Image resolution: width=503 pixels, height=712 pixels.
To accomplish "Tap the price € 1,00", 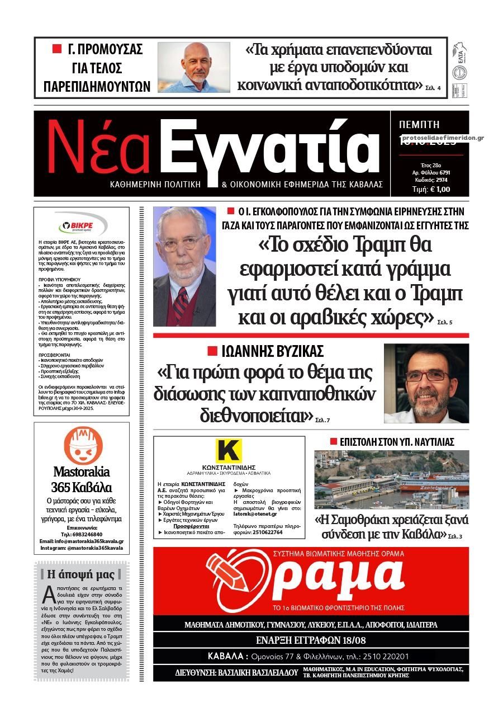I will click(431, 189).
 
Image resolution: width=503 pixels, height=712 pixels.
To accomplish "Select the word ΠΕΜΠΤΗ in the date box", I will click(419, 125).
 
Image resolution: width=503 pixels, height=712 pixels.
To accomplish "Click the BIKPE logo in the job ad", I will click(82, 225).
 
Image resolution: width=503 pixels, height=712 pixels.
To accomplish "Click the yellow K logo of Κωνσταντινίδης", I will click(229, 451).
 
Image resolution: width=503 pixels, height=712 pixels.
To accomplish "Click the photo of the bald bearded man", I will click(193, 67).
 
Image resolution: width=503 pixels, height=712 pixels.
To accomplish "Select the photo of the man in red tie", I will click(184, 266).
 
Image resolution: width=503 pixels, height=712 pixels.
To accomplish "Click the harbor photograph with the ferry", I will click(391, 479).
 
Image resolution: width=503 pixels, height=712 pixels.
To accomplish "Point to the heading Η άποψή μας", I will click(81, 574).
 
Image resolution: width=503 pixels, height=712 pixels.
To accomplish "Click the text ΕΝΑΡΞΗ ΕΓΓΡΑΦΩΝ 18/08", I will click(311, 640).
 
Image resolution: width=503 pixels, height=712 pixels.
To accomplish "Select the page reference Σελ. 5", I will click(447, 323).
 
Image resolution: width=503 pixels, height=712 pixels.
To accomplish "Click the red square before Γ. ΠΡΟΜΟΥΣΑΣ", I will click(56, 49).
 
